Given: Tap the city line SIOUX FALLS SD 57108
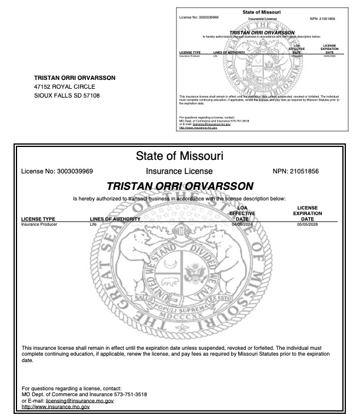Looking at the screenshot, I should (67, 95).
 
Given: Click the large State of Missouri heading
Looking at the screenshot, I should (179, 156).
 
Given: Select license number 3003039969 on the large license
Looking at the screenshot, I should (84, 172).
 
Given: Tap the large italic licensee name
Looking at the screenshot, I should (179, 186).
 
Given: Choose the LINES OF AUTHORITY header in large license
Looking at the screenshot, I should (115, 219).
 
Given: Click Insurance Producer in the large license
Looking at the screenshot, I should (39, 225).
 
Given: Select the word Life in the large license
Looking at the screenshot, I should (92, 225).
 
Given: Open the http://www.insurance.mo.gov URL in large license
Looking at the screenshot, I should (56, 406).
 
